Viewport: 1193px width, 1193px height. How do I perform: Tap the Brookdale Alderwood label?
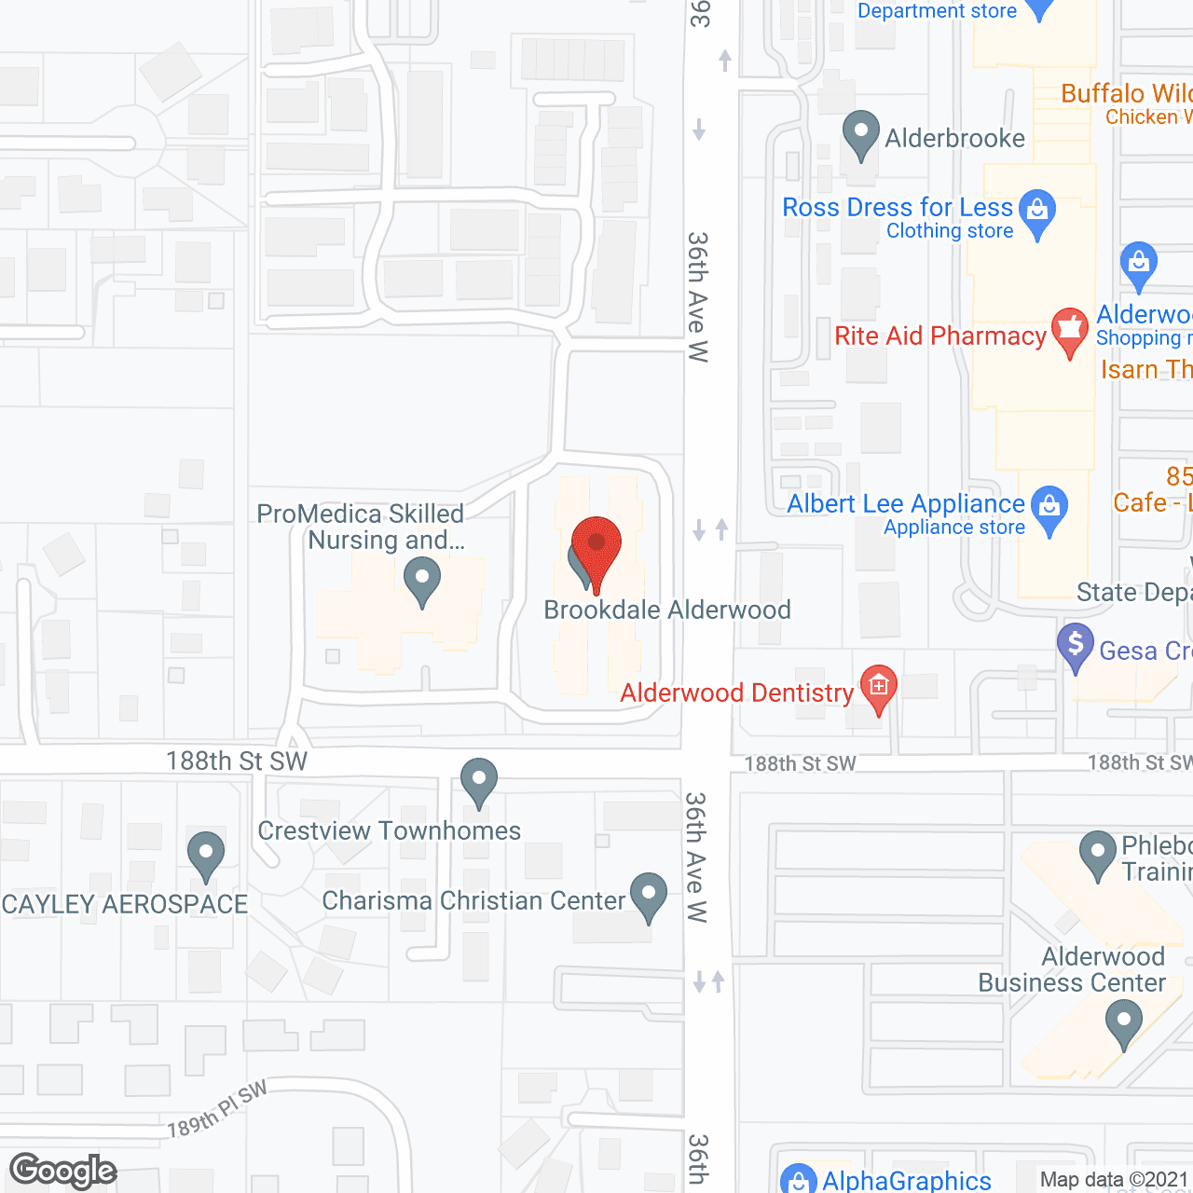[x=667, y=610]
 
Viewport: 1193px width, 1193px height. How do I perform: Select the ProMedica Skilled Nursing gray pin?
[x=422, y=580]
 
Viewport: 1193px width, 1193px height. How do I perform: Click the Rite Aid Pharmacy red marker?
[x=1069, y=331]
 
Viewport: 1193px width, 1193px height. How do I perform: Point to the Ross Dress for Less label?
[x=897, y=207]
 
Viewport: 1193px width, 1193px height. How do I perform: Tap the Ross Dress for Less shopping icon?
[x=1037, y=213]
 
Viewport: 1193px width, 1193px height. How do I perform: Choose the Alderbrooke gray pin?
[x=860, y=134]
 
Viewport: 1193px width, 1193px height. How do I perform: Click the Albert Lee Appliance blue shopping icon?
[x=1050, y=509]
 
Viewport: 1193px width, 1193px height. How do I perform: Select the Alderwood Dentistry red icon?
[x=878, y=689]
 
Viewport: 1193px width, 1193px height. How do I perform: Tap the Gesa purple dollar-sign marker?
[x=1076, y=645]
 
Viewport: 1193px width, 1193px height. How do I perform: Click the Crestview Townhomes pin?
[x=479, y=781]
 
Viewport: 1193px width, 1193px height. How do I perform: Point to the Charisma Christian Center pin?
[x=649, y=896]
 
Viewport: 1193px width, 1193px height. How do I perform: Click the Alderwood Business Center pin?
[x=1123, y=1022]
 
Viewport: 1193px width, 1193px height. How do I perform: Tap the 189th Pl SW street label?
[x=217, y=1110]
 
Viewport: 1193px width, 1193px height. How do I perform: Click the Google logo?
[x=63, y=1171]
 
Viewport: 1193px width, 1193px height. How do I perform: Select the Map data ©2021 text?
[x=1114, y=1180]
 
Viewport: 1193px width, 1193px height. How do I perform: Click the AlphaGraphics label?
[x=906, y=1181]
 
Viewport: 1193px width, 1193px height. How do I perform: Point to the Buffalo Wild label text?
[x=1126, y=93]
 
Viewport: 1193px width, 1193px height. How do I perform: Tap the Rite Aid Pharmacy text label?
[x=939, y=336]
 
